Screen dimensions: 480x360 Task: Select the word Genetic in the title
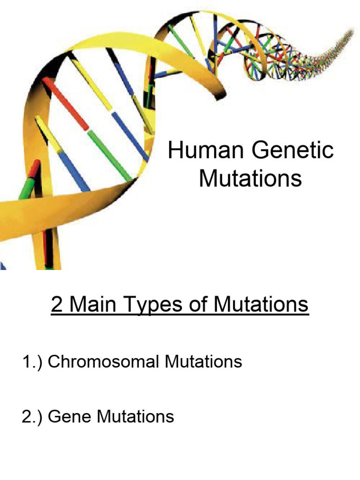(x=292, y=151)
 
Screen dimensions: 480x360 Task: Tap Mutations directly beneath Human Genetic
(x=251, y=179)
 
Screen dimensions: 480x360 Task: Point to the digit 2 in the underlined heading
(x=57, y=305)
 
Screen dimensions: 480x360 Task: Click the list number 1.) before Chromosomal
(x=33, y=362)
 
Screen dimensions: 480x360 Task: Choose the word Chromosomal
(x=105, y=362)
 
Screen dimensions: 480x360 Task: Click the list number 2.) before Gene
(x=33, y=416)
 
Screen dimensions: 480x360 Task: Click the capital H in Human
(x=175, y=151)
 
